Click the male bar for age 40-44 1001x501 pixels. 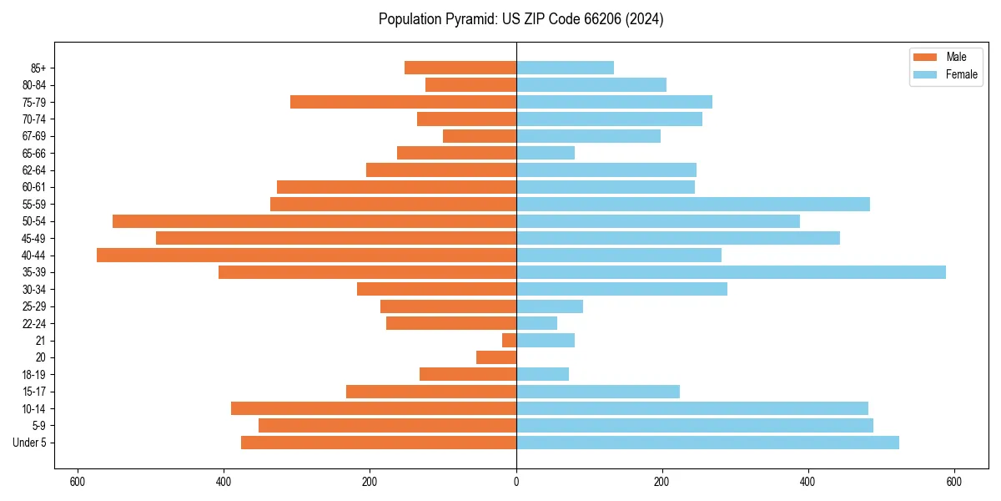click(306, 255)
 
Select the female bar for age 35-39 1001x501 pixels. click(731, 272)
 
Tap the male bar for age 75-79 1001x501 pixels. click(403, 102)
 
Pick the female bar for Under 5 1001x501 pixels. click(707, 443)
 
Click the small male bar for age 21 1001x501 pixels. click(509, 340)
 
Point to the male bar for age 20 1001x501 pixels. click(496, 357)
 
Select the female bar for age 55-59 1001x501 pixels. click(693, 204)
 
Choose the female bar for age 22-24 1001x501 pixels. click(536, 323)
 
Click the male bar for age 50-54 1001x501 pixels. click(314, 221)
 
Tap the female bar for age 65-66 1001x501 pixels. click(546, 153)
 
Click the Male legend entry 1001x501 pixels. click(945, 57)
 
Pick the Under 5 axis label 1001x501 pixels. click(30, 443)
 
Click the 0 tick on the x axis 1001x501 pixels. click(516, 482)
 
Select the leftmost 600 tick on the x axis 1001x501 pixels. click(78, 482)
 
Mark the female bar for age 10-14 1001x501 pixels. click(692, 408)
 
